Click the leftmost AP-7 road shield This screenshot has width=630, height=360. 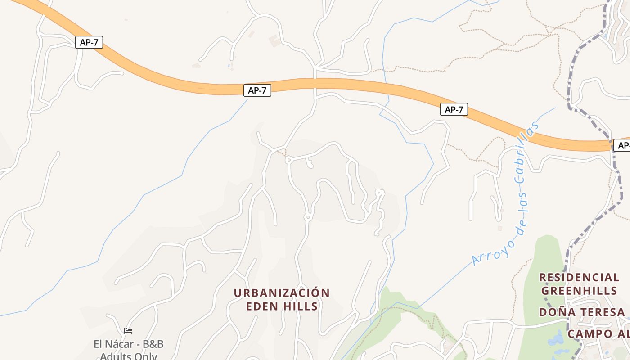[89, 43]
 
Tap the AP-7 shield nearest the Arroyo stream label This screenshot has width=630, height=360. [454, 109]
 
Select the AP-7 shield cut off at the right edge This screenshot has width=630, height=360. [623, 145]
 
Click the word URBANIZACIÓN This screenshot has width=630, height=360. [282, 293]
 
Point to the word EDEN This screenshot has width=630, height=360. [261, 307]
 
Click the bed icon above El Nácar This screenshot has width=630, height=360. [128, 331]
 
